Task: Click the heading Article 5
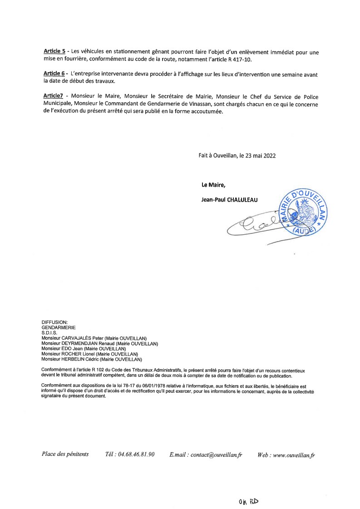(x=54, y=52)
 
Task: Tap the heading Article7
(x=54, y=95)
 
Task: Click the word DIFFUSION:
(x=54, y=322)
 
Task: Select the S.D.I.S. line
(x=49, y=332)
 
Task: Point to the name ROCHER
(x=71, y=354)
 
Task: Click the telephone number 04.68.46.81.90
(x=136, y=454)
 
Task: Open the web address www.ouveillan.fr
(x=294, y=455)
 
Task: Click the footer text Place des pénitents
(x=65, y=454)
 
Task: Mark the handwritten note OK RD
(x=248, y=501)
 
